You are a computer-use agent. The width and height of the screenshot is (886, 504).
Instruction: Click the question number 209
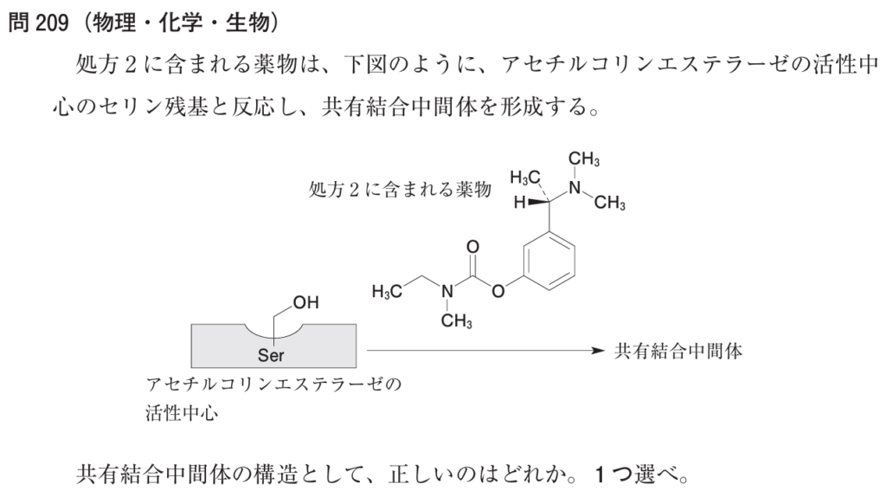point(52,23)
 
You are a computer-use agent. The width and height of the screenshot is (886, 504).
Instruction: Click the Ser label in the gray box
point(271,355)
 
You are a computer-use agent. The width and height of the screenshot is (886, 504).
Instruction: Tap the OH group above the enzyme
point(305,302)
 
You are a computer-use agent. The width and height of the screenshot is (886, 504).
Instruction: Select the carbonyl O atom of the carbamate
point(473,247)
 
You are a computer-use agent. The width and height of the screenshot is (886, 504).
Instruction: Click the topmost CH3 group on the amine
point(584,159)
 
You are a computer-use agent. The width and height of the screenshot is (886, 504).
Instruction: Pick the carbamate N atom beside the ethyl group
point(447,291)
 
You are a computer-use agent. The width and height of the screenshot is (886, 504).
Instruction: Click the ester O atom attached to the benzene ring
point(498,291)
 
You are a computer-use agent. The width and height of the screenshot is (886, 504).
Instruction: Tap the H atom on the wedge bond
point(519,202)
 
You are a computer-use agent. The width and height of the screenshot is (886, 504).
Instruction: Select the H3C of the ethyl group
point(387,291)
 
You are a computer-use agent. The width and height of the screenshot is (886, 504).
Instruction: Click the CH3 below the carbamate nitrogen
point(457,321)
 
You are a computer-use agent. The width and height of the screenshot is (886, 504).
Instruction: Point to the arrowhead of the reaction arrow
point(599,351)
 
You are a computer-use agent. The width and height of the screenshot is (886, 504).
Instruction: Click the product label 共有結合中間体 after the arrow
point(678,352)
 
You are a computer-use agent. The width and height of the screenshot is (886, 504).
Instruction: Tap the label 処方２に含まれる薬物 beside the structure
point(400,189)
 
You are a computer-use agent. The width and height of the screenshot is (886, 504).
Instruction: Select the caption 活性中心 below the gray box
point(182,412)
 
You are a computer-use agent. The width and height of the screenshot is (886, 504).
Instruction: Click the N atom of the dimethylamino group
point(575,187)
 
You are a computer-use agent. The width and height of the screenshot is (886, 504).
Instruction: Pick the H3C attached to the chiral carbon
point(525,178)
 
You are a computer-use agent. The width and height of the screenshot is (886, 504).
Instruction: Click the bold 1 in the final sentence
point(600,474)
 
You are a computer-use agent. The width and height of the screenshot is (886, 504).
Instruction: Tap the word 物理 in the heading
point(115,23)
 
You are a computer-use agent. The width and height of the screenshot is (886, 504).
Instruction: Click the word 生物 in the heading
point(248,23)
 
